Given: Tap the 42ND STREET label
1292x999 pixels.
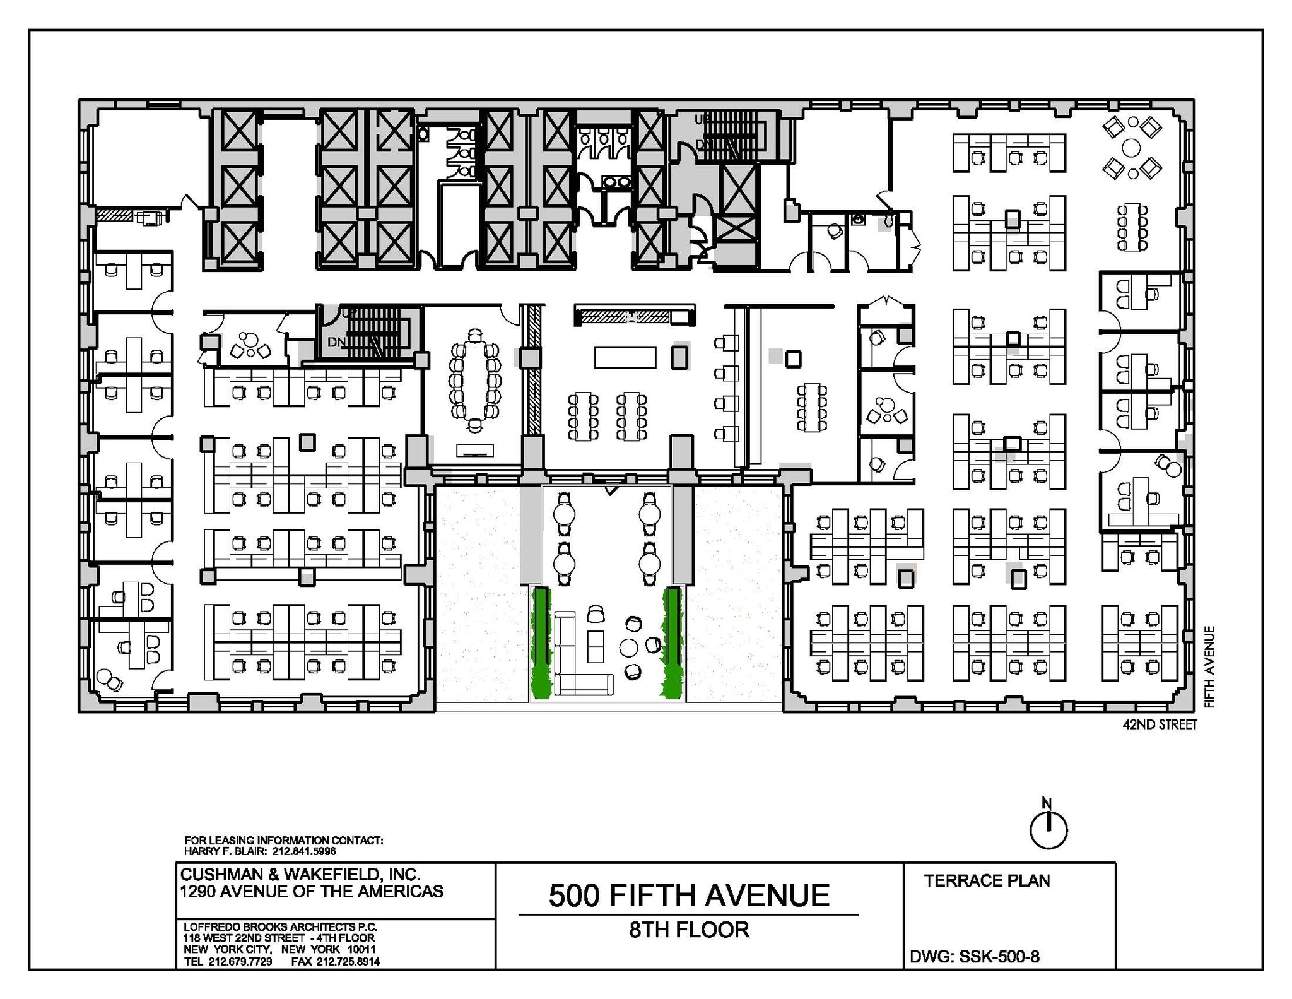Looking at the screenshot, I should tap(1160, 724).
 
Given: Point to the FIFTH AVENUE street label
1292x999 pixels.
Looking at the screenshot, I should tap(1209, 666).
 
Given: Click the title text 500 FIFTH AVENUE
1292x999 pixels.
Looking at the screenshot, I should tap(689, 896).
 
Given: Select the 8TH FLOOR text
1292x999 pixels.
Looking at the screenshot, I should tap(689, 930).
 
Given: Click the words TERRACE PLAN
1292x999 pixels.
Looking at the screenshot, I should tap(987, 880).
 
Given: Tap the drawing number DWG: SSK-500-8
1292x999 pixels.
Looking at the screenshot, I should tap(974, 956).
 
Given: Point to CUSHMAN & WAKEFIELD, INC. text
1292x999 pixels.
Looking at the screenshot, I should tap(300, 874).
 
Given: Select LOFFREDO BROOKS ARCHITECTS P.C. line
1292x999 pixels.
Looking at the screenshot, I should tap(280, 926).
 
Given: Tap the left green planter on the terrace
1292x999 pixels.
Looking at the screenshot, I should tap(541, 642).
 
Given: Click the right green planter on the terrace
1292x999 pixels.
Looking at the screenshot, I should tap(672, 642).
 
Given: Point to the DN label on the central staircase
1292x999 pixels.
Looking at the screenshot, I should tap(336, 342).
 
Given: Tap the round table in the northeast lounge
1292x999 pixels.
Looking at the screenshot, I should tap(1132, 148).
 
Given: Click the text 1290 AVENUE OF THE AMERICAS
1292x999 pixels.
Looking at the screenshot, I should tap(312, 891).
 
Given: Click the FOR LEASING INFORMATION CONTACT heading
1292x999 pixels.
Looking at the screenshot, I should tap(283, 840).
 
